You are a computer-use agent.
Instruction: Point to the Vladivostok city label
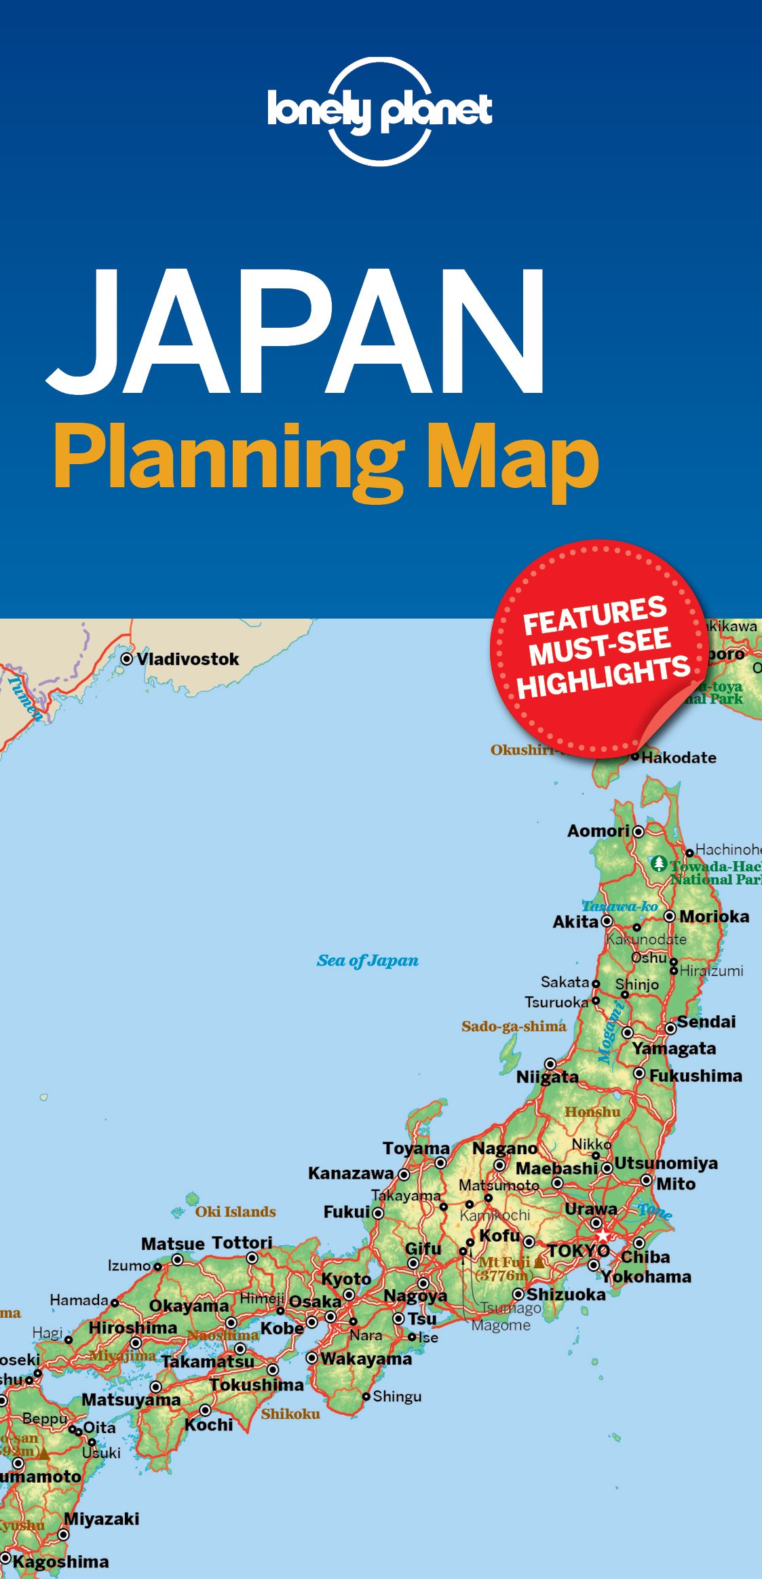[x=187, y=659]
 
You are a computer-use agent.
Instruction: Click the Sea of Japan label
[x=367, y=960]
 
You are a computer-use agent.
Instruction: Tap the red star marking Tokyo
[x=603, y=1235]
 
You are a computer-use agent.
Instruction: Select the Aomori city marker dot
[x=639, y=831]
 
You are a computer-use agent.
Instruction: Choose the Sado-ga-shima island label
[x=514, y=1026]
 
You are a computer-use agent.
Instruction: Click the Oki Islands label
[x=235, y=1211]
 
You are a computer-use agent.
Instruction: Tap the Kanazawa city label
[x=351, y=1173]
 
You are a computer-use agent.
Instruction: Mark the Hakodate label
[x=679, y=757]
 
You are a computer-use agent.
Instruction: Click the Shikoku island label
[x=290, y=1413]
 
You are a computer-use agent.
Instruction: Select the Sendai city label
[x=706, y=1022]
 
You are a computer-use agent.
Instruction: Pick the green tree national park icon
[x=658, y=864]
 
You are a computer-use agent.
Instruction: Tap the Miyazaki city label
[x=101, y=1519]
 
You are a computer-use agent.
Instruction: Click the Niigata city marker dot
[x=550, y=1063]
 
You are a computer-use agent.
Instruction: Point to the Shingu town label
[x=397, y=1396]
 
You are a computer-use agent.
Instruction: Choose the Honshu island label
[x=592, y=1111]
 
